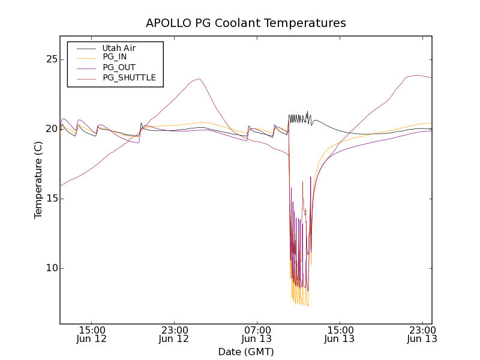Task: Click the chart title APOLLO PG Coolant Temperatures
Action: (x=246, y=23)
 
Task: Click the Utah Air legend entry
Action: (x=118, y=48)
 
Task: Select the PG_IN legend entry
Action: (x=115, y=57)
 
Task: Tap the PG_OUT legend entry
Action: (x=119, y=67)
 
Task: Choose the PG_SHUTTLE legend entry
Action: (x=129, y=77)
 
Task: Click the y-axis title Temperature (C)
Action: (x=38, y=180)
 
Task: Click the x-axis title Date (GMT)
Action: (x=246, y=352)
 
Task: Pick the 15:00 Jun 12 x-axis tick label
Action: (x=92, y=334)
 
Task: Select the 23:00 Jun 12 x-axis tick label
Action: (x=174, y=334)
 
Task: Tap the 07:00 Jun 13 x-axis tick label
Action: (x=257, y=334)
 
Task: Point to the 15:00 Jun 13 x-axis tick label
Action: (x=340, y=334)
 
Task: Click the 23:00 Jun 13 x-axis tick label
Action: (x=422, y=334)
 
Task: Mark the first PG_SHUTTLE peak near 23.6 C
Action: (x=198, y=79)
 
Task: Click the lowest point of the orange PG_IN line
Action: (x=308, y=306)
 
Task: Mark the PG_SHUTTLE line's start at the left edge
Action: (x=61, y=185)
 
